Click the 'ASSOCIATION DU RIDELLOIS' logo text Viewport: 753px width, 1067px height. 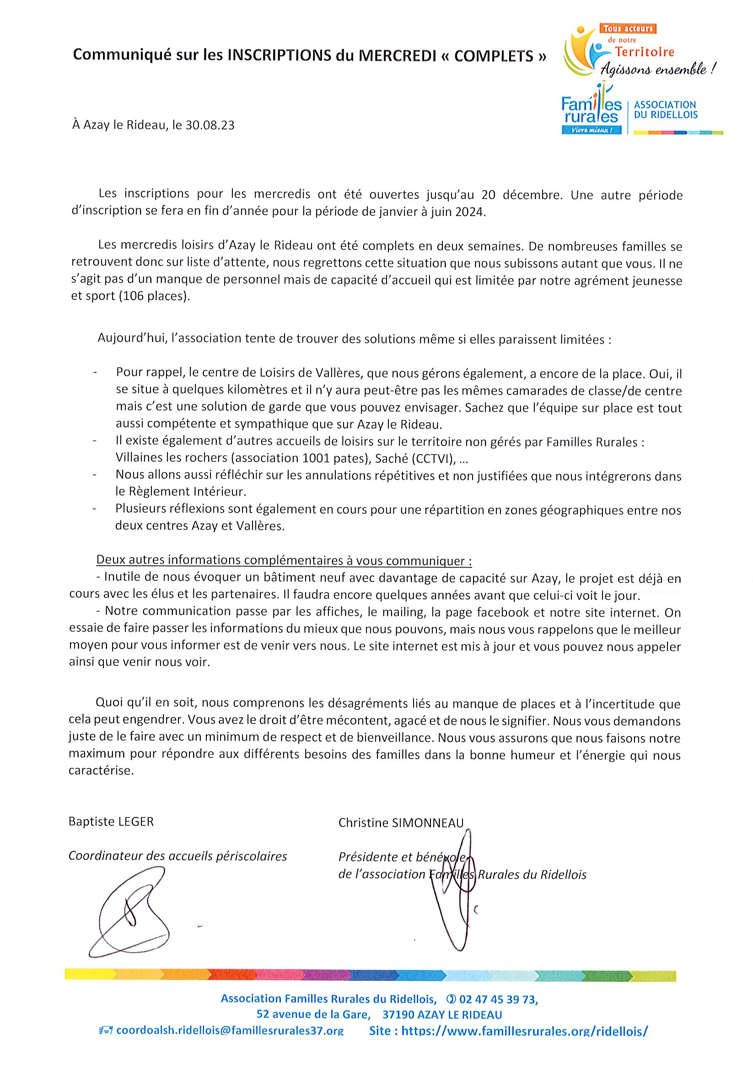[665, 110]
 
